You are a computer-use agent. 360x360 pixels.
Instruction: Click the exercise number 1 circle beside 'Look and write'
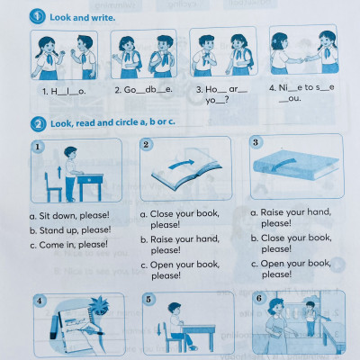(37, 16)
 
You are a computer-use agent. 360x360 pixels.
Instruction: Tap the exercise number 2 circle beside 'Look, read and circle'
(38, 124)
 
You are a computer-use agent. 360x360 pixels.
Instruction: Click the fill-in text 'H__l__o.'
(64, 92)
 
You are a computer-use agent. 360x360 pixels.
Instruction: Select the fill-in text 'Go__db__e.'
(143, 90)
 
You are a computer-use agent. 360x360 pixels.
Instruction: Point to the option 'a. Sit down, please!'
(69, 215)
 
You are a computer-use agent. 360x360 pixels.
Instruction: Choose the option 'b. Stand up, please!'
(70, 230)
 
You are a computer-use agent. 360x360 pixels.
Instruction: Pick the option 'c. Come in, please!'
(69, 245)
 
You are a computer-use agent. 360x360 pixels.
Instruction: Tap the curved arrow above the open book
(181, 164)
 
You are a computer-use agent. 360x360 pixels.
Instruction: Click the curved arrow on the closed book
(283, 165)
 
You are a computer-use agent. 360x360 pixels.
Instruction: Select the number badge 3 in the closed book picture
(256, 142)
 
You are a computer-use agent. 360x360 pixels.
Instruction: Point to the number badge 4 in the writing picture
(40, 301)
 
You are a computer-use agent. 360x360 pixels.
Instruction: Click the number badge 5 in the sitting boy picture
(148, 299)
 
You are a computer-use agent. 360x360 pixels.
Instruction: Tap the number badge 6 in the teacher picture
(259, 298)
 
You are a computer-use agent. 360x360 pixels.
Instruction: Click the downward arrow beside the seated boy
(158, 329)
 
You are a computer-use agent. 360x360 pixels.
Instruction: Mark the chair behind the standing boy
(52, 187)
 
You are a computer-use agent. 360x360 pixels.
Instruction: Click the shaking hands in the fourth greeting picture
(303, 59)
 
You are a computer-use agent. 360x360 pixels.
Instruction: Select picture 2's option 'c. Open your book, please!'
(180, 270)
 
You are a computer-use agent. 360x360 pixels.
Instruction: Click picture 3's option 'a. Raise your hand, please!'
(291, 218)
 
